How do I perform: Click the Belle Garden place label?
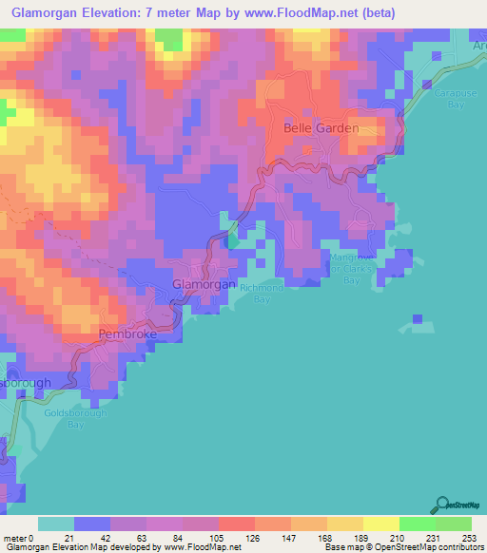click(321, 127)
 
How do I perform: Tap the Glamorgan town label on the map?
click(203, 283)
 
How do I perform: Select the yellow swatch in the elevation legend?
click(380, 524)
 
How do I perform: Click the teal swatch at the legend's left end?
click(55, 524)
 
